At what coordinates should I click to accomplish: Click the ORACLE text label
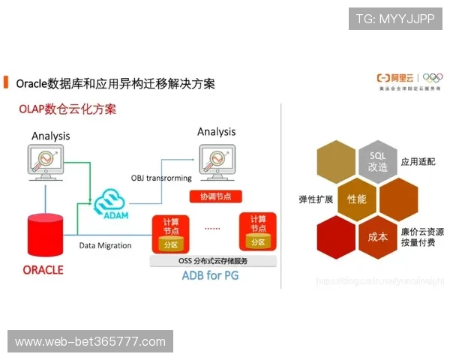[x=43, y=269]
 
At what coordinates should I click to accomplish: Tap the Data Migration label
[x=105, y=245]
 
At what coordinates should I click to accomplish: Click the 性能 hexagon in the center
[x=356, y=199]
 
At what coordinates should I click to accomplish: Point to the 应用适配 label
[x=418, y=161]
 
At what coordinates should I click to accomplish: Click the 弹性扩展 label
[x=316, y=199]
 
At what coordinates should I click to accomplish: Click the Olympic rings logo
[x=433, y=77]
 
